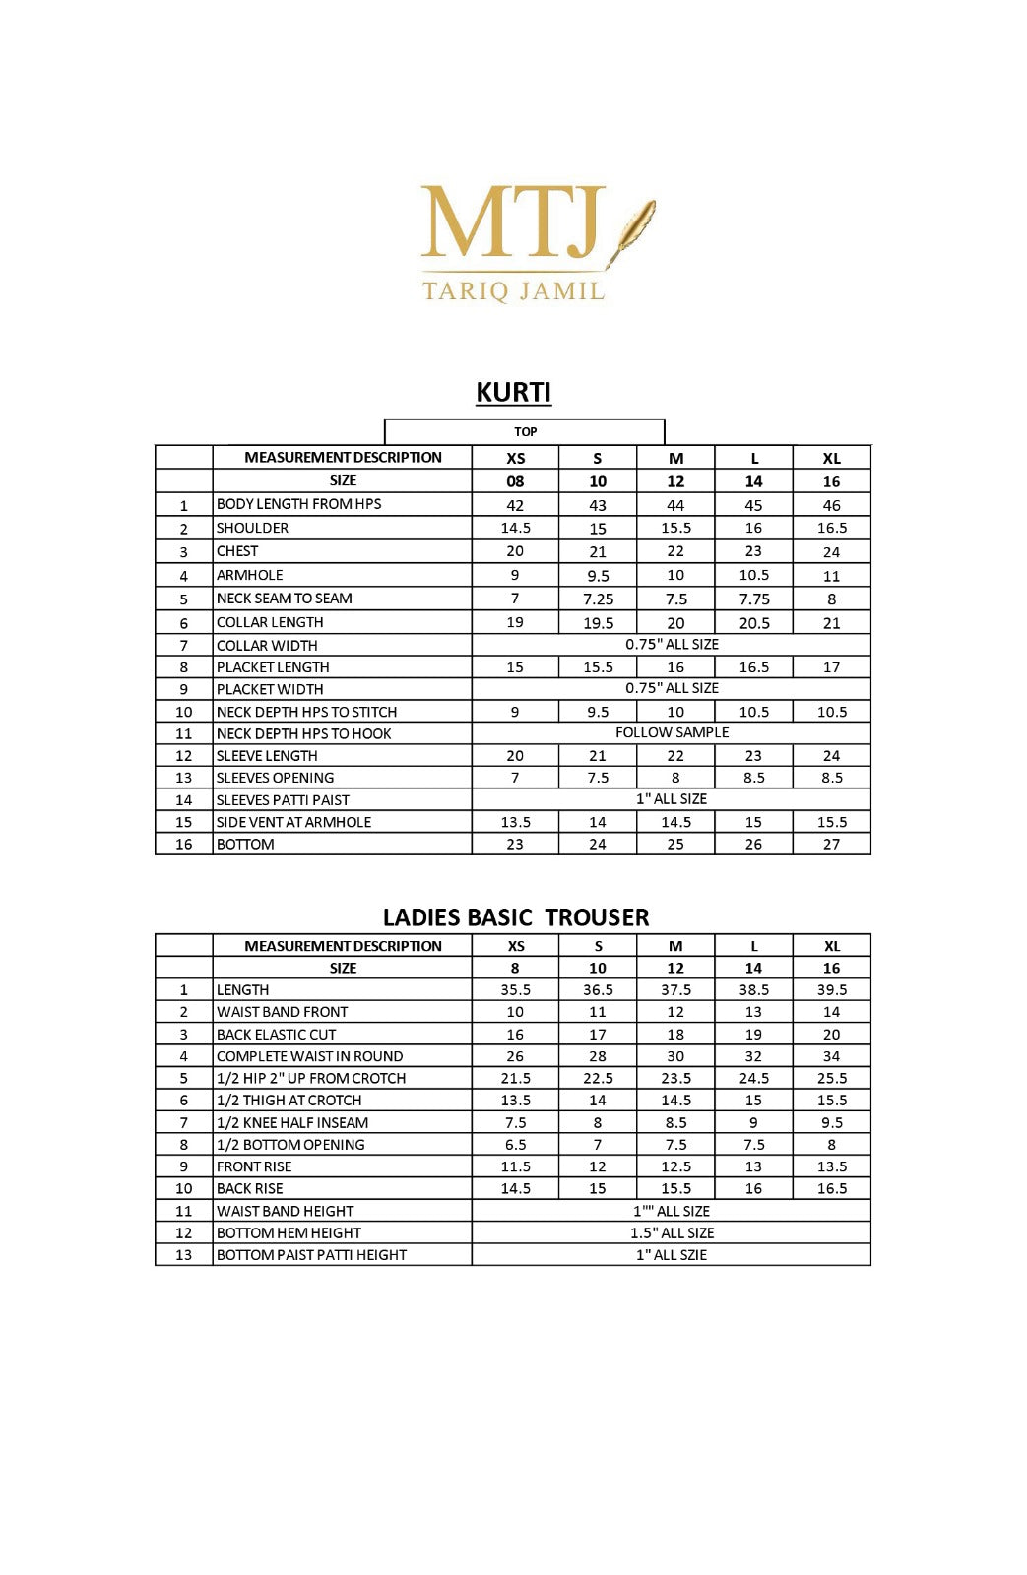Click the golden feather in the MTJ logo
pyautogui.click(x=632, y=230)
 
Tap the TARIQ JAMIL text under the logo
pyautogui.click(x=513, y=291)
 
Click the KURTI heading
pyautogui.click(x=513, y=392)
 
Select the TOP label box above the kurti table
pyautogui.click(x=525, y=431)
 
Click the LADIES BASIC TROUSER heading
pyautogui.click(x=516, y=917)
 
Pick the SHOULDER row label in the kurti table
pyautogui.click(x=253, y=528)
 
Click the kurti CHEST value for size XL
pyautogui.click(x=831, y=551)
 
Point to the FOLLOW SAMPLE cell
pyautogui.click(x=672, y=732)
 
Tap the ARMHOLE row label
pyautogui.click(x=250, y=575)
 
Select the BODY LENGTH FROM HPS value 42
pyautogui.click(x=515, y=505)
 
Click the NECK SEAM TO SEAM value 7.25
pyautogui.click(x=598, y=598)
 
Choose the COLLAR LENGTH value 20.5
pyautogui.click(x=753, y=622)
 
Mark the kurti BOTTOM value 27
pyautogui.click(x=831, y=844)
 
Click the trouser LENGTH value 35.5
pyautogui.click(x=515, y=990)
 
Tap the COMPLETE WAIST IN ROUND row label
pyautogui.click(x=309, y=1056)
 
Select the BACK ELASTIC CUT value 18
pyautogui.click(x=675, y=1035)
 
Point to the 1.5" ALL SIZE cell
pyautogui.click(x=672, y=1232)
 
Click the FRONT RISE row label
pyautogui.click(x=254, y=1166)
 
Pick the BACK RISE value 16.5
pyautogui.click(x=831, y=1188)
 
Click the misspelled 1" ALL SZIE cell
pyautogui.click(x=672, y=1255)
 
